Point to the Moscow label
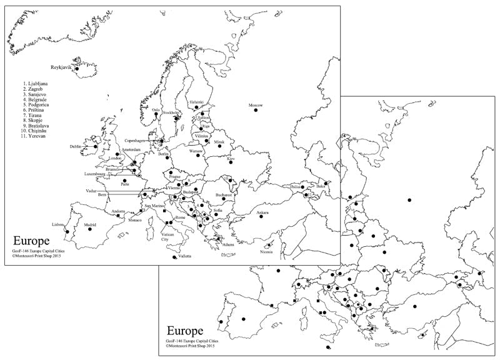pos(256,105)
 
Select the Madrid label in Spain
pos(90,224)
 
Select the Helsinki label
pos(197,101)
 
